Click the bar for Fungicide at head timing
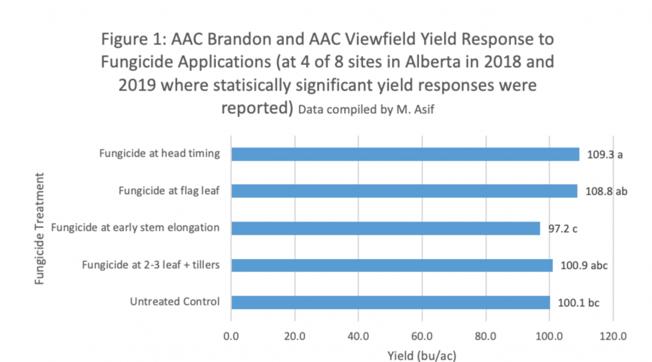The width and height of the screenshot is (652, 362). (405, 154)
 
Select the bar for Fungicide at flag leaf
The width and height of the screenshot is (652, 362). (404, 191)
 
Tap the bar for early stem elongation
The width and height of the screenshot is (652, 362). (386, 228)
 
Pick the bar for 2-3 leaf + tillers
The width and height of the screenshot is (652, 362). (392, 265)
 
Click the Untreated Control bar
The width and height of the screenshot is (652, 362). (391, 302)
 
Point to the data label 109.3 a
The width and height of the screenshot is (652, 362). (605, 155)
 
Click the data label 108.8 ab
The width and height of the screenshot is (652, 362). (606, 192)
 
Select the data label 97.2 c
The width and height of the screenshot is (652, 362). (563, 229)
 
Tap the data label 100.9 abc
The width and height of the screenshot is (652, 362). (584, 266)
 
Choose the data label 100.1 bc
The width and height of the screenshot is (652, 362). (578, 303)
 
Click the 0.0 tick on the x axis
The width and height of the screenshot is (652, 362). (231, 336)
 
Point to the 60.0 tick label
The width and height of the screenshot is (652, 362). (422, 336)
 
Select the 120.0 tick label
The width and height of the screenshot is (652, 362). (613, 336)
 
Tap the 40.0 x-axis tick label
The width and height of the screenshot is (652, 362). (358, 336)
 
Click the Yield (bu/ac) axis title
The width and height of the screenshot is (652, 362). (422, 356)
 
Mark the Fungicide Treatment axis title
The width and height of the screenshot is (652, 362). (39, 229)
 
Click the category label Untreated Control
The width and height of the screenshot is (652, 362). (174, 302)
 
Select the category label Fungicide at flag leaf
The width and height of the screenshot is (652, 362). (169, 191)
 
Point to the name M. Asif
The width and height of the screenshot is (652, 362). (415, 109)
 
